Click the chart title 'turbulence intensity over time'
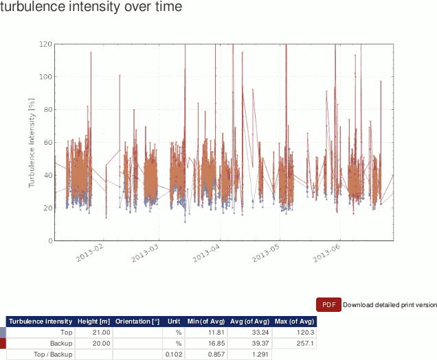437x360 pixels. [x=91, y=8]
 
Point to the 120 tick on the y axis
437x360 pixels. [x=46, y=44]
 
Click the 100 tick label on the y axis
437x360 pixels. [x=46, y=76]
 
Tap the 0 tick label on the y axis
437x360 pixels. [x=50, y=241]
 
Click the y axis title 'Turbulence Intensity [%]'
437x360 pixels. [x=32, y=143]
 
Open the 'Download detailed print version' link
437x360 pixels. [x=390, y=305]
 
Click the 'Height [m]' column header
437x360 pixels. [x=93, y=321]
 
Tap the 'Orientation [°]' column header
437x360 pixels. [x=137, y=321]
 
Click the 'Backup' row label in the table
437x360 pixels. [x=61, y=344]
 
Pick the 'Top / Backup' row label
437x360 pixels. [x=53, y=355]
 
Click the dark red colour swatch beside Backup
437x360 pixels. [x=3, y=344]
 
